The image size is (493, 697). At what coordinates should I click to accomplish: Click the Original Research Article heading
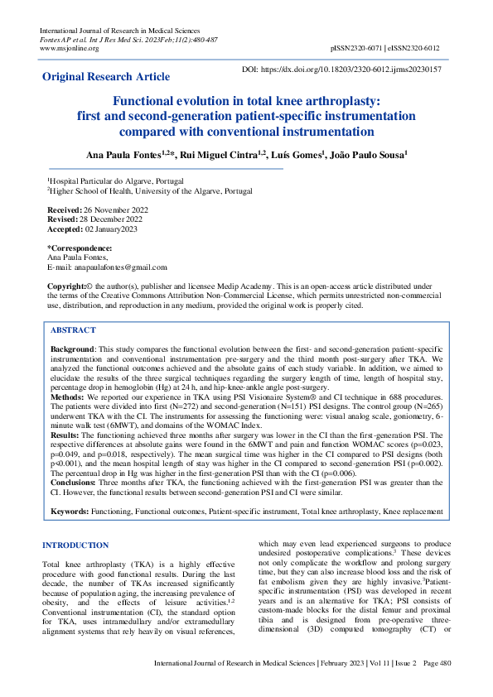[106, 77]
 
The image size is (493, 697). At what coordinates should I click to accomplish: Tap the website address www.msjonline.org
[69, 48]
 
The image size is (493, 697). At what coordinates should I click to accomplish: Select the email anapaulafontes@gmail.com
[114, 267]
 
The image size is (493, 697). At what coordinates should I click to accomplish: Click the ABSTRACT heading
[75, 329]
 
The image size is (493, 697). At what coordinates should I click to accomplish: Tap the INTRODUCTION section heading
[75, 546]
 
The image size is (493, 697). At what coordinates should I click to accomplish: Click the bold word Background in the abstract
[73, 351]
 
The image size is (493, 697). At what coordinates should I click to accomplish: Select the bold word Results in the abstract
[67, 435]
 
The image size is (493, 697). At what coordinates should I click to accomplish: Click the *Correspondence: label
[80, 248]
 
